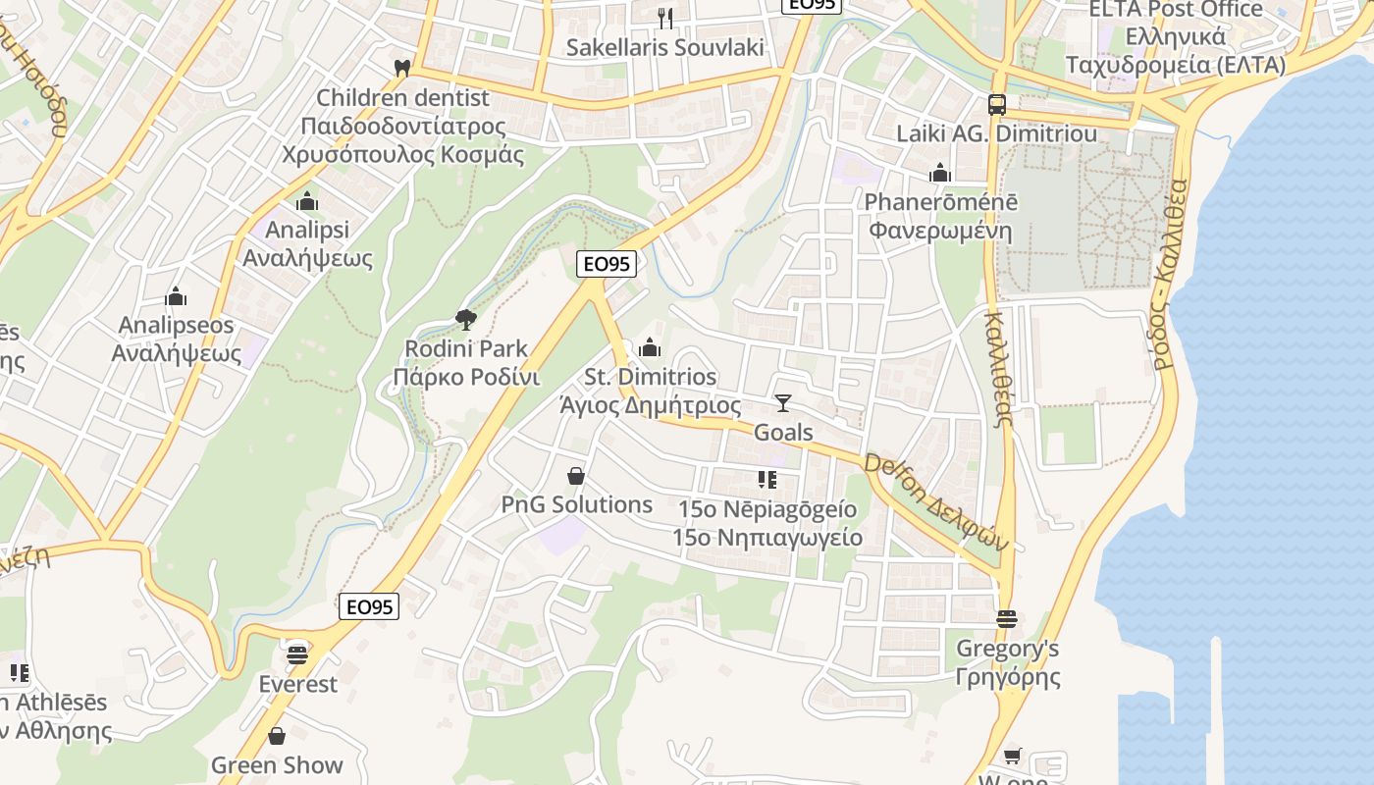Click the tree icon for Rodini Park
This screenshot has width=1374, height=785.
[x=465, y=319]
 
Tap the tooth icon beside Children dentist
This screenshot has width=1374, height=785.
[x=401, y=68]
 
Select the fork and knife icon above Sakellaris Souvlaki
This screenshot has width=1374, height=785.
[x=665, y=17]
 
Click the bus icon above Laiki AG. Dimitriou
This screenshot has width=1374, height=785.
[x=996, y=104]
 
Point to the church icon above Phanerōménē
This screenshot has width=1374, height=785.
[x=940, y=174]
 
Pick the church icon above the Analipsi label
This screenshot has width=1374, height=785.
[x=307, y=201]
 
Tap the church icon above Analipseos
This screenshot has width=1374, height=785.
[x=177, y=295]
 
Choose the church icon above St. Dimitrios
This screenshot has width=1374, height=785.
[x=650, y=347]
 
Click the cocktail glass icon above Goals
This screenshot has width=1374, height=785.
[x=782, y=402]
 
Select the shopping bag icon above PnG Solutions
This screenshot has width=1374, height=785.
[x=576, y=476]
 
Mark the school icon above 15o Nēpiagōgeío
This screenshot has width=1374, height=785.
[x=767, y=480]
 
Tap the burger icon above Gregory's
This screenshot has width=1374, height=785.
[x=1007, y=619]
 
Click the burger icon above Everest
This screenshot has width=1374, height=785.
[x=297, y=654]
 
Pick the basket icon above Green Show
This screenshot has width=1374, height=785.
[x=277, y=736]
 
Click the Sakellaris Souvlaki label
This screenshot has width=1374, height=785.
[x=664, y=47]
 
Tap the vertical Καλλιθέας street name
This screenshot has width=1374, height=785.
[x=997, y=369]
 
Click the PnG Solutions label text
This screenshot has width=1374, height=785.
[x=577, y=504]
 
